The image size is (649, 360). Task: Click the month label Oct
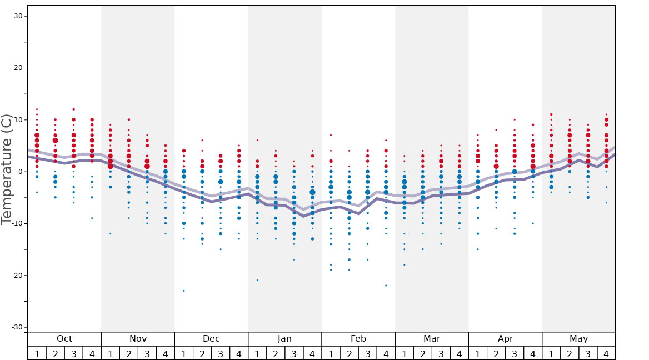64,339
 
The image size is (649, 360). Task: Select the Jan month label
284,339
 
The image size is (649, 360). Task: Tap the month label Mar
432,339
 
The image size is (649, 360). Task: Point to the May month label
578,339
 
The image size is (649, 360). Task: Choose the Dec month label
211,339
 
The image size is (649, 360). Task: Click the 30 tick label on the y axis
18,16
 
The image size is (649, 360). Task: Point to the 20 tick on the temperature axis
18,68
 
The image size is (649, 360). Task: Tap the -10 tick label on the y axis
16,223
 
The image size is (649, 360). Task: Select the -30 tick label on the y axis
16,327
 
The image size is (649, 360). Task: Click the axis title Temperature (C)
7,169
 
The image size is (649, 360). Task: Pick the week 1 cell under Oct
37,353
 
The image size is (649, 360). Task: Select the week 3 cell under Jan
294,353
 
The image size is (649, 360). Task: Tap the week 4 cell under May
606,353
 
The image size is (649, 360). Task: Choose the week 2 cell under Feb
349,353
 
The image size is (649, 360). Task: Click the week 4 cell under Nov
165,353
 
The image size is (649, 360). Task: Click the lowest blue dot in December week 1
184,291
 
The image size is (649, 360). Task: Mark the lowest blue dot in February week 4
386,286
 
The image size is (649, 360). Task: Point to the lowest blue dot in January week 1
257,280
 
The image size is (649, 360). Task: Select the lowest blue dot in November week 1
111,233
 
